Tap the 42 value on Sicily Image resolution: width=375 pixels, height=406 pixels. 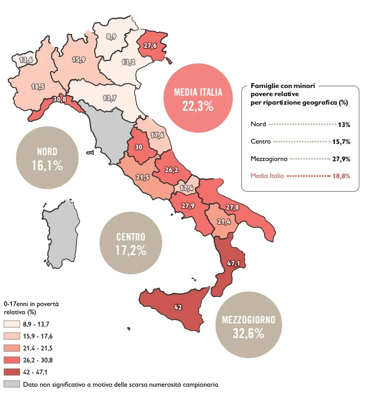point(178,307)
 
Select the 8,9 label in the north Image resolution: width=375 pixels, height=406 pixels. point(111,37)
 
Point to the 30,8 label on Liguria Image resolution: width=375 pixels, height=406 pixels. point(60,99)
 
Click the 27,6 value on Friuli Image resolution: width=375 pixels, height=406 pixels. point(151,46)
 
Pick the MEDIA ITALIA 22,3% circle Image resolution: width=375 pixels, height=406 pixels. point(198,99)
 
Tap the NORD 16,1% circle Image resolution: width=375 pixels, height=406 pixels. point(47,159)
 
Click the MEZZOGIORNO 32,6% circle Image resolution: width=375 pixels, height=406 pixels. point(248,326)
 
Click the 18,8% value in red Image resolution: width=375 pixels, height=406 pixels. point(341,176)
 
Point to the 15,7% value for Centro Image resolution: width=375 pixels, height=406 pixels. point(341,142)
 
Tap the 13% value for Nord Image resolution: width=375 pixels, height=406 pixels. point(344,125)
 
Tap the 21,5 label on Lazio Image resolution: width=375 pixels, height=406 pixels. point(142,177)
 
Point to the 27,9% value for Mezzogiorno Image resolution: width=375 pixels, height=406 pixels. point(341,159)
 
